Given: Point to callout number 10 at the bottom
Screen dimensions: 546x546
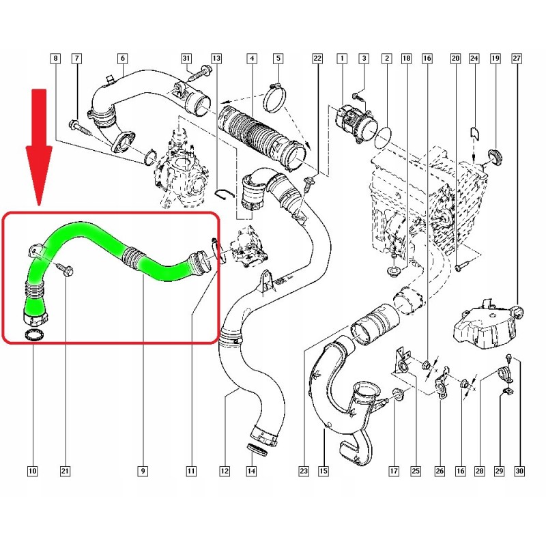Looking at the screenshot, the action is click(x=32, y=470).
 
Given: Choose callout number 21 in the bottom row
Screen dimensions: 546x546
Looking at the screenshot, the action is click(x=65, y=470).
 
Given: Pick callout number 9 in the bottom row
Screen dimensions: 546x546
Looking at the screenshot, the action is click(x=143, y=470).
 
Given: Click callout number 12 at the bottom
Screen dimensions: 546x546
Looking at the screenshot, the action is click(x=223, y=470).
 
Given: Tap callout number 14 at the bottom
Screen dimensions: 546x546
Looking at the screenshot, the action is click(x=251, y=470).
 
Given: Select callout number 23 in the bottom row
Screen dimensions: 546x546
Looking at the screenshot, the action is click(x=304, y=470).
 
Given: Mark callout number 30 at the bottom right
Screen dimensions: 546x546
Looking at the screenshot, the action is click(x=520, y=470).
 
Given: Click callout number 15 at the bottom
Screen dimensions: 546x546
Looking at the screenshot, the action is click(x=323, y=470).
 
